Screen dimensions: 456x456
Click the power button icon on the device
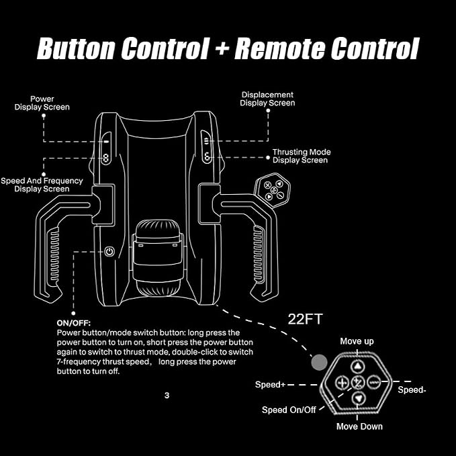point(109,251)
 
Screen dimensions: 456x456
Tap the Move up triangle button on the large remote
point(357,366)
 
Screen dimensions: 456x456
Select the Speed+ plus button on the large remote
point(343,382)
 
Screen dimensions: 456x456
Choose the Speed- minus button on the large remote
point(373,382)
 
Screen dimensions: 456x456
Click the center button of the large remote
point(358,382)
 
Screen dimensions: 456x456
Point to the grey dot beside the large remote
point(319,363)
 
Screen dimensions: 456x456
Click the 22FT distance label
point(305,319)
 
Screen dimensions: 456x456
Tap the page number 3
point(167,395)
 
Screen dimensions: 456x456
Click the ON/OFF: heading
point(74,323)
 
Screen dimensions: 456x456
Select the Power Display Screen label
point(42,103)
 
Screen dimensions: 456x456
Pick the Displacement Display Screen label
point(267,99)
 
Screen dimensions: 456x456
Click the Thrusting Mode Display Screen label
point(302,156)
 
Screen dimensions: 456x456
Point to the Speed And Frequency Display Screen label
point(42,185)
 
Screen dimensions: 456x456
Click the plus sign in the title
point(222,48)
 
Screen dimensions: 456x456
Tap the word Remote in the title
point(279,48)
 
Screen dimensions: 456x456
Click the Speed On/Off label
point(289,410)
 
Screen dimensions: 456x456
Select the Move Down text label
point(359,426)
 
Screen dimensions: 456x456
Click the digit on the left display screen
point(105,158)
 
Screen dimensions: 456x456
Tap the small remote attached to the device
point(273,189)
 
